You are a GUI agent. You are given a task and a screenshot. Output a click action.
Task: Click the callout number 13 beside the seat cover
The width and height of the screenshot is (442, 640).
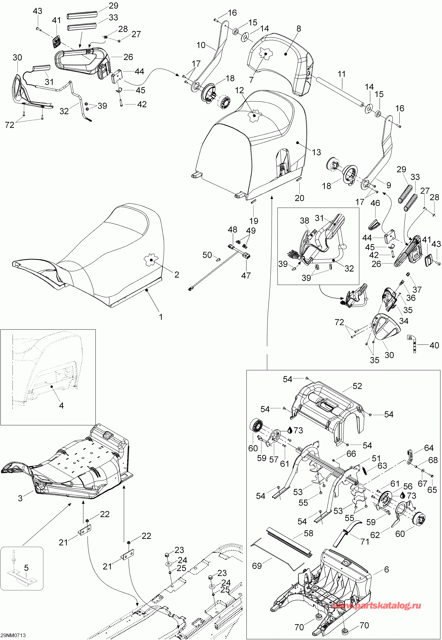point(316,152)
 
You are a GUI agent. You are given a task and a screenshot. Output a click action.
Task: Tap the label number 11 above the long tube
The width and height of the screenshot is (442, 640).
point(342,74)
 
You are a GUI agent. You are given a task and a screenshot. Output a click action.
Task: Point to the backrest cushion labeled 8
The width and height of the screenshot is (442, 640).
point(283,64)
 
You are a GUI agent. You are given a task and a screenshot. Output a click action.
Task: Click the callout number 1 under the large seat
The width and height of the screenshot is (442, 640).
point(161,317)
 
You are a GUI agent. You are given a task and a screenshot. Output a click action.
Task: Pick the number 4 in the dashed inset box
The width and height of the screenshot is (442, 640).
point(61,406)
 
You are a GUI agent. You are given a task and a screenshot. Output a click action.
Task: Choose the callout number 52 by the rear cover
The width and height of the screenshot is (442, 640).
point(357,386)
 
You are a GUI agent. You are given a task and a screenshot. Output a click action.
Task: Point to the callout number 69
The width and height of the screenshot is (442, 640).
point(257,566)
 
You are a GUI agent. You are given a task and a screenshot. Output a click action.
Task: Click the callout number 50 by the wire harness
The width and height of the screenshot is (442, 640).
point(207,255)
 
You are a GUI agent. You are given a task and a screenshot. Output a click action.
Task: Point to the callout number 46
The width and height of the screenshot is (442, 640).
point(375,203)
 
